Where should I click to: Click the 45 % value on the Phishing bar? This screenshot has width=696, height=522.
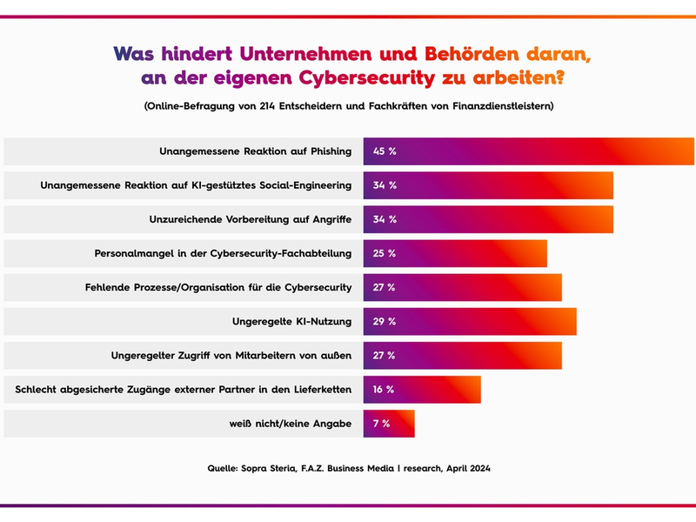(x=385, y=151)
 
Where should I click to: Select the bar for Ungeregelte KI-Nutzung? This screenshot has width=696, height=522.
(x=470, y=322)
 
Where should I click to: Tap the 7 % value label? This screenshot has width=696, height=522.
(x=381, y=424)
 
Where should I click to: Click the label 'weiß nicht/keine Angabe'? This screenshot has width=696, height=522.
(x=284, y=424)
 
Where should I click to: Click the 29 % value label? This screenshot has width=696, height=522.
(x=385, y=322)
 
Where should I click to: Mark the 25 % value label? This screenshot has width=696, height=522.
(x=385, y=254)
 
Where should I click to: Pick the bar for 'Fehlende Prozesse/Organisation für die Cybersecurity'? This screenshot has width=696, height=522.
(x=462, y=288)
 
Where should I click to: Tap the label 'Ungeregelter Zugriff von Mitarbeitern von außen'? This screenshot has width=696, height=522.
(x=231, y=356)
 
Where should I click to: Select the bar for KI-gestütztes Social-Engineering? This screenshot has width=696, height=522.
(x=488, y=185)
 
